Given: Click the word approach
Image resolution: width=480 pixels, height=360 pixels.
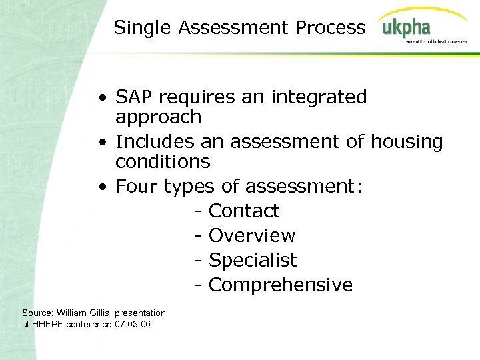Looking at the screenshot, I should [x=158, y=117].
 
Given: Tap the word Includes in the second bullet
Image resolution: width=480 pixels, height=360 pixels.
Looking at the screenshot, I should [x=155, y=141].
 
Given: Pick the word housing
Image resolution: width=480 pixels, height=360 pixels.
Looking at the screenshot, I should [x=407, y=141].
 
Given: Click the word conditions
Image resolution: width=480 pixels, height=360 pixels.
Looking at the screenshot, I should [x=163, y=161].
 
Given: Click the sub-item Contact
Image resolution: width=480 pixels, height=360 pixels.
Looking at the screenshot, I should [x=244, y=211].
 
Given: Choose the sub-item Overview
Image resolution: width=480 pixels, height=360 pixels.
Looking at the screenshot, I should [x=252, y=235].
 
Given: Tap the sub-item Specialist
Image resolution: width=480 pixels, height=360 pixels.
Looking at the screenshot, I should [x=253, y=260].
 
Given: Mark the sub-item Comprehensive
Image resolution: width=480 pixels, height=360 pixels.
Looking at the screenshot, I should [x=281, y=285].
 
